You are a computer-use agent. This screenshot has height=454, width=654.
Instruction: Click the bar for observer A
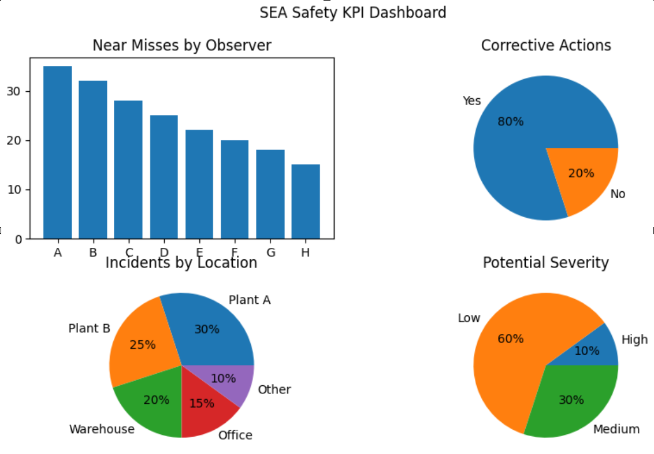pyautogui.click(x=58, y=152)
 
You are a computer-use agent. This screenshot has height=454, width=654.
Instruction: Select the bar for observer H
pyautogui.click(x=306, y=202)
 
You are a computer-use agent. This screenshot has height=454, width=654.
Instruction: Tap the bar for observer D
pyautogui.click(x=164, y=177)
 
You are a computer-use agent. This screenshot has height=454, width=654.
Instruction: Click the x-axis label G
pyautogui.click(x=270, y=252)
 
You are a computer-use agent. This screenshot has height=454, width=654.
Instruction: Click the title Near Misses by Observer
pyautogui.click(x=181, y=46)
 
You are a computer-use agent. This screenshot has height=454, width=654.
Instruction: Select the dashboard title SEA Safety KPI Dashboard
pyautogui.click(x=352, y=12)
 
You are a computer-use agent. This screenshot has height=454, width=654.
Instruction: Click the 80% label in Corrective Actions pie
pyautogui.click(x=510, y=122)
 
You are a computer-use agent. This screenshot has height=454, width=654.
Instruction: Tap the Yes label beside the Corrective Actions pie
pyautogui.click(x=471, y=101)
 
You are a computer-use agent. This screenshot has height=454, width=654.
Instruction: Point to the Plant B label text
pyautogui.click(x=89, y=329)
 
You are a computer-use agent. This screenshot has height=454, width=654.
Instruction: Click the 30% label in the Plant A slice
pyautogui.click(x=206, y=329)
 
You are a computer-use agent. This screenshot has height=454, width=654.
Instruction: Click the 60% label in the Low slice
pyautogui.click(x=510, y=339)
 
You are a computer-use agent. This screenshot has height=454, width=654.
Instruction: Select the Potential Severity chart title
pyautogui.click(x=545, y=263)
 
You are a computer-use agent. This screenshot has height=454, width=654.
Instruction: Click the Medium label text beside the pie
pyautogui.click(x=616, y=429)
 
